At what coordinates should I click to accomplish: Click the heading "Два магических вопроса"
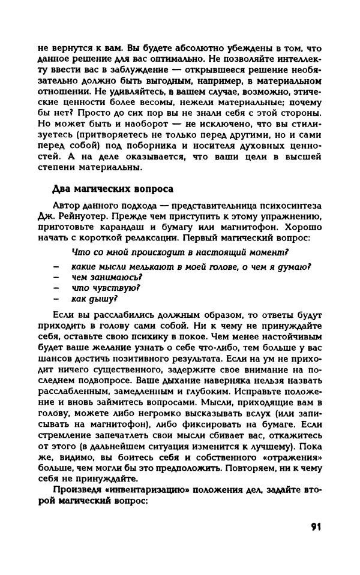click(113, 189)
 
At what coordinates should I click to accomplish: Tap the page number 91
click(317, 528)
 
